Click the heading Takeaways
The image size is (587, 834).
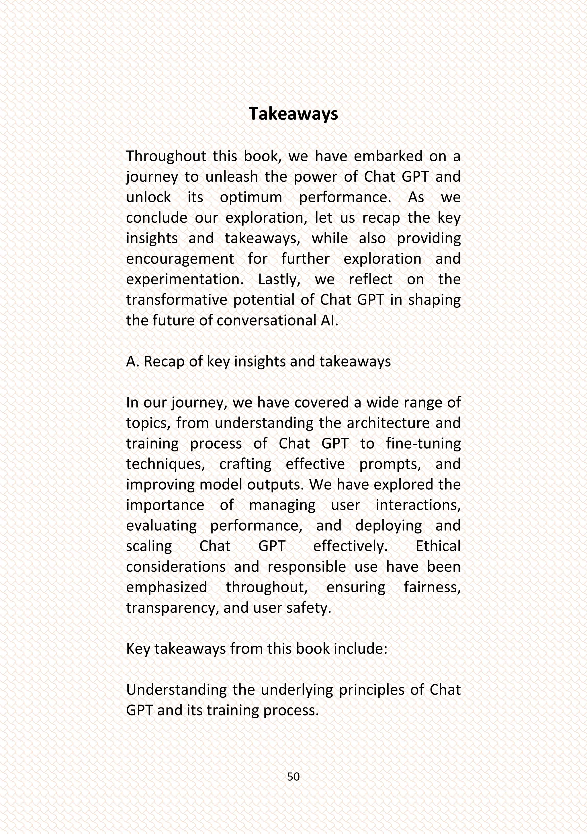point(293,114)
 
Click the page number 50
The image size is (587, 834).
point(293,776)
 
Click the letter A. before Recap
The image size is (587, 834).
point(132,362)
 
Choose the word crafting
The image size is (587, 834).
point(245,465)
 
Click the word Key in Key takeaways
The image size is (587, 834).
point(138,649)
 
